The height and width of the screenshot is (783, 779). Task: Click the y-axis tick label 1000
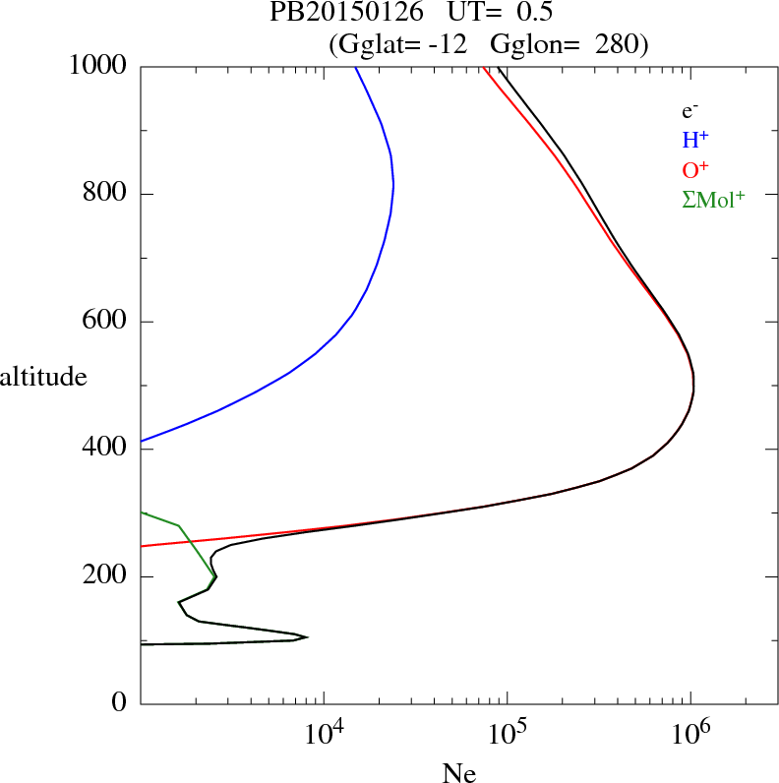click(97, 66)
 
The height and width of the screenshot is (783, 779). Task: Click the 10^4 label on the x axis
click(324, 734)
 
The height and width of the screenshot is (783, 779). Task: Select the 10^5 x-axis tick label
click(507, 734)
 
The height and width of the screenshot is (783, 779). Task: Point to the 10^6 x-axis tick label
click(689, 734)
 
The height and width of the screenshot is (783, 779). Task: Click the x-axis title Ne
click(458, 773)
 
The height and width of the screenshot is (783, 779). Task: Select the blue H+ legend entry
click(695, 141)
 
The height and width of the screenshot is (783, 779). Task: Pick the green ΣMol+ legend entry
click(713, 200)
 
